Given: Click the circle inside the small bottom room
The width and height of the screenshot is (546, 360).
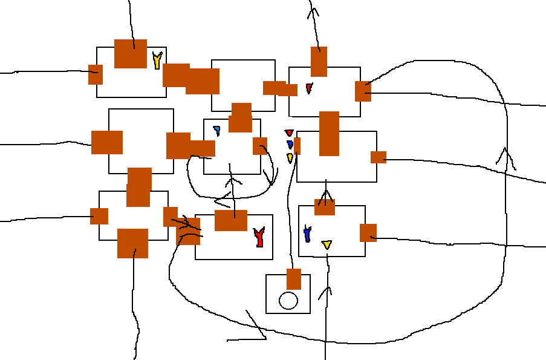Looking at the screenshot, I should [x=288, y=301].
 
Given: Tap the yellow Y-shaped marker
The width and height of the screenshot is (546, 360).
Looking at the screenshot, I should [x=157, y=61].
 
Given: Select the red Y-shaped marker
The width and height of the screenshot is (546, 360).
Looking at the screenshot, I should [x=259, y=237].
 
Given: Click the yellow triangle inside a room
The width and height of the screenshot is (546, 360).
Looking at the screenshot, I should [x=327, y=244].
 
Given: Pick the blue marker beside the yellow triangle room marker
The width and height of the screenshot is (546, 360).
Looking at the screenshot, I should [x=307, y=234].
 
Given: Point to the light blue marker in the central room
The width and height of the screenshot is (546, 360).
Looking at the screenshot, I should [x=216, y=130].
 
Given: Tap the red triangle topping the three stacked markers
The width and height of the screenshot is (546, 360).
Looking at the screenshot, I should [x=289, y=133].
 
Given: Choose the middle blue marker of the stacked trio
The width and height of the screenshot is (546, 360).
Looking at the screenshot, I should [x=290, y=145].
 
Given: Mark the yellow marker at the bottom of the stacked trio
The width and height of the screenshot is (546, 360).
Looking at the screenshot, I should [x=290, y=158].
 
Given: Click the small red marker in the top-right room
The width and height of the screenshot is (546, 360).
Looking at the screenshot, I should [x=309, y=88].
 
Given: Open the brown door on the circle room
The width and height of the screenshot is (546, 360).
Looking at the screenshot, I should [x=294, y=279].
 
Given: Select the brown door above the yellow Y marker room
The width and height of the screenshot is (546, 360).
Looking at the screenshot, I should [x=131, y=54].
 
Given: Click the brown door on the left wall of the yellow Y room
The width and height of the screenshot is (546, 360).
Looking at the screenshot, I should [x=96, y=74].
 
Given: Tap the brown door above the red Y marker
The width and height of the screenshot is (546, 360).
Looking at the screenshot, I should [x=231, y=220].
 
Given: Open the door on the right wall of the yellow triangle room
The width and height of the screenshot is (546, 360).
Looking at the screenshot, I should [x=368, y=233].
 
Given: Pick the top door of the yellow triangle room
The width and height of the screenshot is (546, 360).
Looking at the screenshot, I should [x=325, y=207].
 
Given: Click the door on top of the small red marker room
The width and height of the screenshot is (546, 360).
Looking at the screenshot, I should [x=319, y=62].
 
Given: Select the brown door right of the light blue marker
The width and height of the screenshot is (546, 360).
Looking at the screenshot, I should [x=260, y=146].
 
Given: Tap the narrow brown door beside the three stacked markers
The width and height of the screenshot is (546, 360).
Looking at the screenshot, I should [x=297, y=146].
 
